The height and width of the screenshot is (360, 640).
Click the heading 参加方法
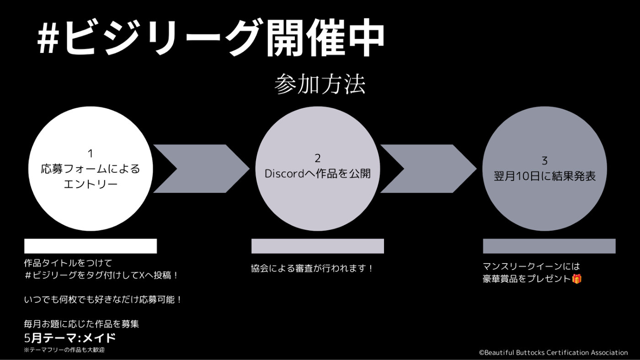(320, 84)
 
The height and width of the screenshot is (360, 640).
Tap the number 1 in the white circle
(91, 154)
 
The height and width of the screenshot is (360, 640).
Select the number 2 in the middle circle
(317, 159)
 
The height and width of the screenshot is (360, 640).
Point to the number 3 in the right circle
(544, 161)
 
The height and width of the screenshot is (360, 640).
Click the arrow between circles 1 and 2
(202, 169)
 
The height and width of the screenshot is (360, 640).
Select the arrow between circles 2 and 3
(429, 169)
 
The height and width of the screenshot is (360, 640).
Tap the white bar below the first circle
(91, 246)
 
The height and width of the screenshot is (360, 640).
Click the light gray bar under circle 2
(317, 246)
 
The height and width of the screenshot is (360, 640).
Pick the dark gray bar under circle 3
(549, 246)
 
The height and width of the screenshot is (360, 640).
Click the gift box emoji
(577, 279)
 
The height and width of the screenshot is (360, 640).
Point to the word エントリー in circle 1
(91, 184)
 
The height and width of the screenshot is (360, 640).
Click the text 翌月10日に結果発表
(544, 176)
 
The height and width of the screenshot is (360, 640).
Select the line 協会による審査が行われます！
(312, 268)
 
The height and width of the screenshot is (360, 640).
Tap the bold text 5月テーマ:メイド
(70, 339)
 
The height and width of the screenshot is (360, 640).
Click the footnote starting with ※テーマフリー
(64, 350)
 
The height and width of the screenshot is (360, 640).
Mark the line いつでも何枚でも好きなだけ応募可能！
(103, 300)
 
